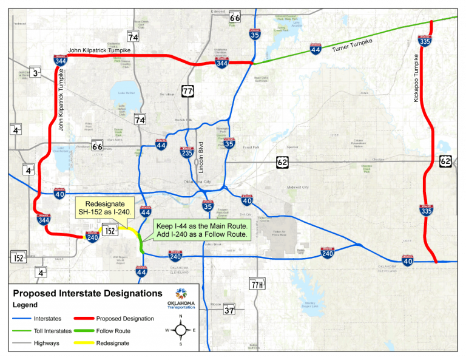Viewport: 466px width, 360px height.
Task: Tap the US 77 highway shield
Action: click(x=187, y=91)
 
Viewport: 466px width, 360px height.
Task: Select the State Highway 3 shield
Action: click(x=36, y=73)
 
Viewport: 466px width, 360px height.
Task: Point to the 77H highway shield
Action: click(x=257, y=284)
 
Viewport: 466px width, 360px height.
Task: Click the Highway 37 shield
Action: click(x=229, y=310)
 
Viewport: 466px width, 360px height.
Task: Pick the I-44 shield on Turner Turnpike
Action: click(x=315, y=50)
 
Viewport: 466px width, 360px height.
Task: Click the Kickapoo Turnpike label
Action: click(x=416, y=78)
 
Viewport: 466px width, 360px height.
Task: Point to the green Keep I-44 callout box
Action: click(x=201, y=229)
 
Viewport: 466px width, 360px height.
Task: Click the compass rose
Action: click(x=180, y=330)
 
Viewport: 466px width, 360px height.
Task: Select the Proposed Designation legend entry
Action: click(x=114, y=318)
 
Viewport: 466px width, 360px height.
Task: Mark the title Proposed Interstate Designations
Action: click(x=87, y=294)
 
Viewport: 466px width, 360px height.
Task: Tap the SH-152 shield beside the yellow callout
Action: click(x=110, y=231)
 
